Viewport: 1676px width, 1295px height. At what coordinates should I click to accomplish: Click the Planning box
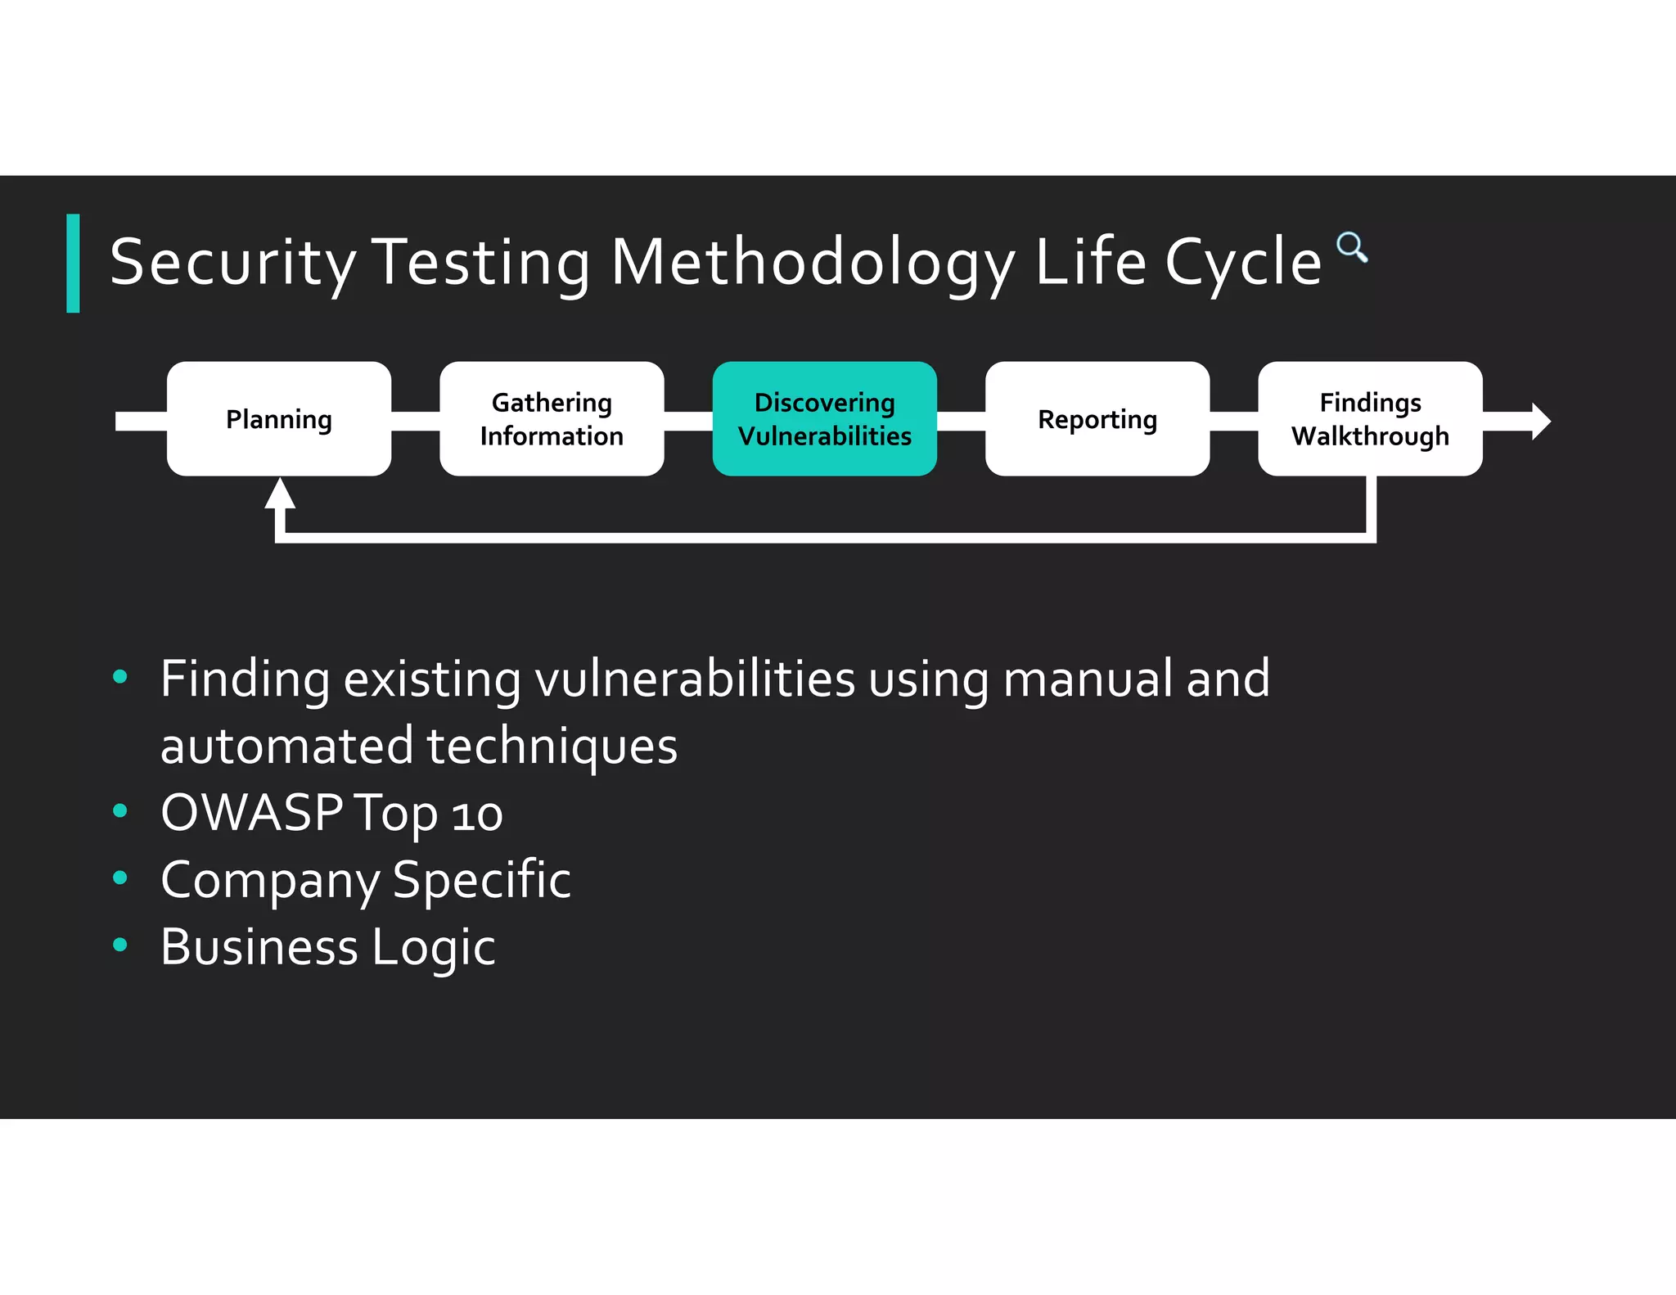tap(279, 419)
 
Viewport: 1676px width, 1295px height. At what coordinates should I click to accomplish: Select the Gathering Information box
tap(552, 419)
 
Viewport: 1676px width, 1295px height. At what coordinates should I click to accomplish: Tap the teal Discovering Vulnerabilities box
tap(824, 419)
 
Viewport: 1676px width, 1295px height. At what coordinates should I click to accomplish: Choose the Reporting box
tap(1097, 419)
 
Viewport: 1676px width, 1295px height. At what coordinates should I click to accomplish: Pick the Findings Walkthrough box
tap(1370, 419)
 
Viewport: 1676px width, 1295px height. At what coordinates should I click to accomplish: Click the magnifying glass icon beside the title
tap(1351, 246)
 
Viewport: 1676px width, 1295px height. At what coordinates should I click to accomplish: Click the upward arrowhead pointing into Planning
tap(280, 494)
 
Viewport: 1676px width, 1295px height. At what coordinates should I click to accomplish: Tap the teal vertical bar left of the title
tap(73, 263)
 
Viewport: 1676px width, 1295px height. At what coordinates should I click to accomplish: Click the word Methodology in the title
tap(813, 263)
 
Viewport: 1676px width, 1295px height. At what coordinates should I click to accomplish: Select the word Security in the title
tap(233, 263)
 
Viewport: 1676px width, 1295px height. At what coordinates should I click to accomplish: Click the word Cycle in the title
tap(1242, 263)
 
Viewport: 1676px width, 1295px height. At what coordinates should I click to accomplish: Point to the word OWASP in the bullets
tap(251, 813)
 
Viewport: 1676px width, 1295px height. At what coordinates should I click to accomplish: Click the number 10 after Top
tap(477, 815)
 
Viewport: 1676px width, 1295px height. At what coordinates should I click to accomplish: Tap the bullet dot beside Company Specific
tap(120, 878)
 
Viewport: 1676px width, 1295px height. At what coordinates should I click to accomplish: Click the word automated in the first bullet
tap(287, 746)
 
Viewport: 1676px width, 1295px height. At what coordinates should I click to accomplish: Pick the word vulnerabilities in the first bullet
tap(695, 679)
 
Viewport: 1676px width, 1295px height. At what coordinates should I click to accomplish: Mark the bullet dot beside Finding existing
tap(120, 677)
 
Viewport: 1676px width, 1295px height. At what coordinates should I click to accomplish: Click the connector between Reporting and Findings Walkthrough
tap(1233, 421)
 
